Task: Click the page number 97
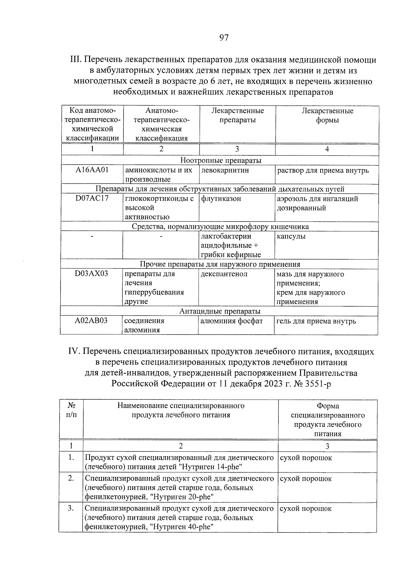(224, 38)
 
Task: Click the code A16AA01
(92, 170)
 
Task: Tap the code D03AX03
(91, 274)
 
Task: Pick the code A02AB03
(91, 321)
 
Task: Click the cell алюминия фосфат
(231, 321)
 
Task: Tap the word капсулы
(291, 236)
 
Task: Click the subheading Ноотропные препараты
(221, 161)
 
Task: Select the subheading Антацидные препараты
(220, 311)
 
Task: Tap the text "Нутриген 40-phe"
(182, 527)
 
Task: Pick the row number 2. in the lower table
(71, 479)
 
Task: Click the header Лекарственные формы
(327, 115)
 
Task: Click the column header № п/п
(71, 410)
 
